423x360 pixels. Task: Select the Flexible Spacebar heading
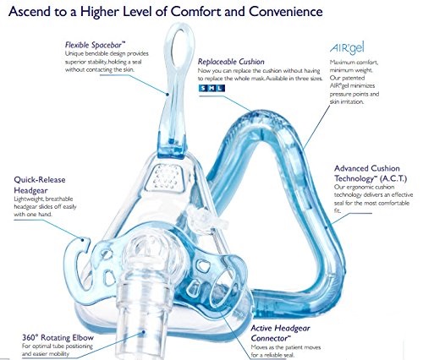click(x=95, y=45)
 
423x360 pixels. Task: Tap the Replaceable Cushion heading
click(x=231, y=62)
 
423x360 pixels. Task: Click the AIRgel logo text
click(x=347, y=48)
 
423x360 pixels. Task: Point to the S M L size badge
click(x=211, y=88)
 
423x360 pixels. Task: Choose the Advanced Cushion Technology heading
click(x=371, y=173)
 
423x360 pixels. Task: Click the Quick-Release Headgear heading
click(x=40, y=185)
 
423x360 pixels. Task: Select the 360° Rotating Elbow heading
click(x=58, y=337)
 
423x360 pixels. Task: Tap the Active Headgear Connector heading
click(x=280, y=333)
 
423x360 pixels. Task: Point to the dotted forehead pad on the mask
click(x=167, y=177)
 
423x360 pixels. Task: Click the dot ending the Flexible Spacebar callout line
click(x=168, y=95)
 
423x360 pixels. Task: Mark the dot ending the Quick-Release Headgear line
click(x=83, y=240)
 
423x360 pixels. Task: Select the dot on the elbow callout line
click(x=143, y=332)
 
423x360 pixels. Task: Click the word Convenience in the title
click(x=286, y=12)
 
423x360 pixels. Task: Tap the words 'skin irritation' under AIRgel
click(x=347, y=101)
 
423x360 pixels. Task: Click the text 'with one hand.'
click(x=33, y=215)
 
